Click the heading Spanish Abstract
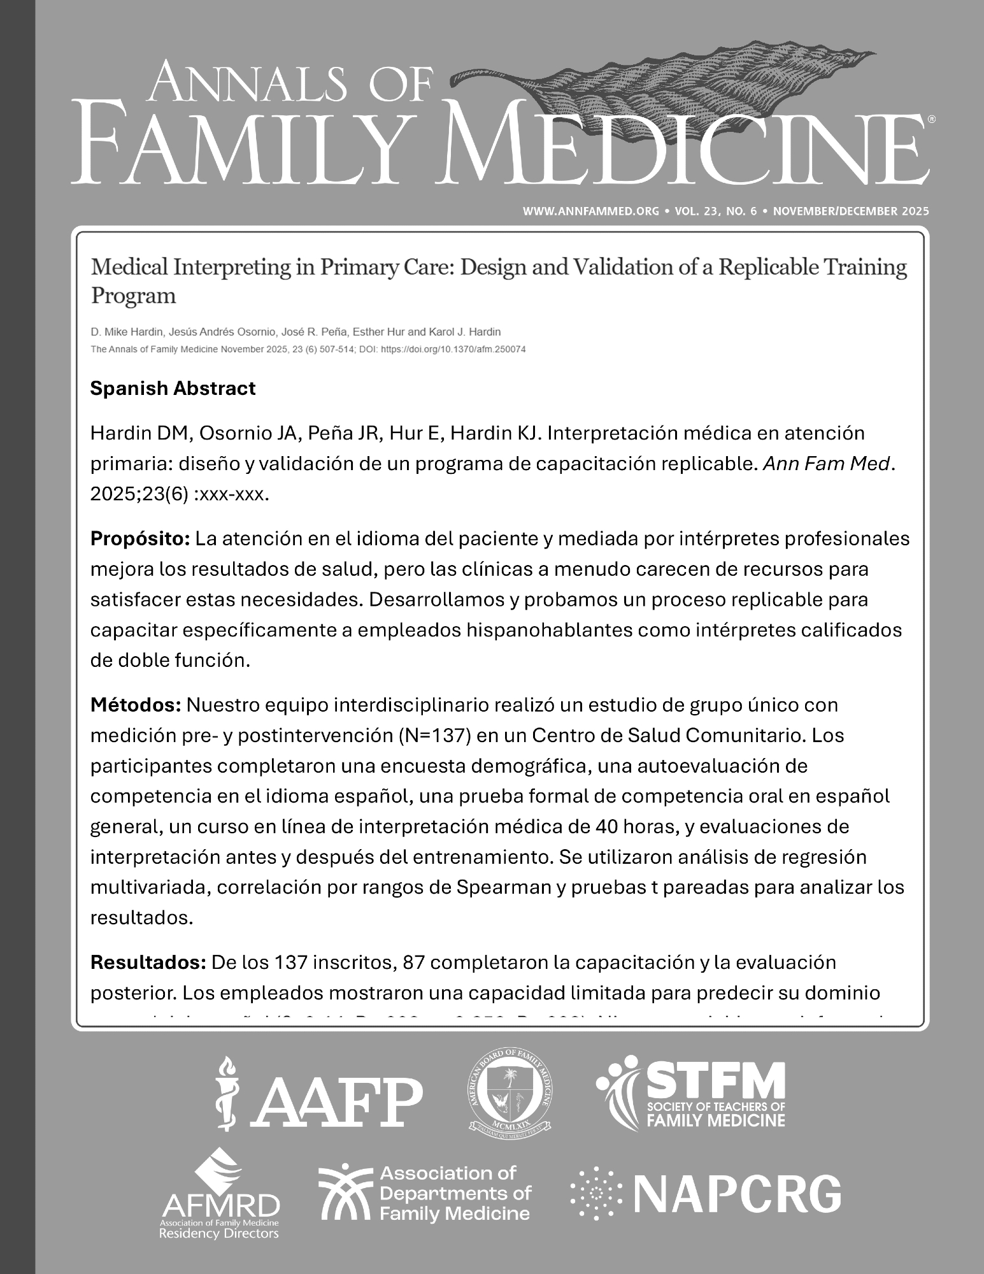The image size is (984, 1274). [173, 389]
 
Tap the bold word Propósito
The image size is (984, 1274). [140, 539]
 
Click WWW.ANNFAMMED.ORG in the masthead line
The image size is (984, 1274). [590, 211]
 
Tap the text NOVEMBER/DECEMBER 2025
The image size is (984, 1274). [850, 211]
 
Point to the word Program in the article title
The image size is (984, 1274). [133, 296]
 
